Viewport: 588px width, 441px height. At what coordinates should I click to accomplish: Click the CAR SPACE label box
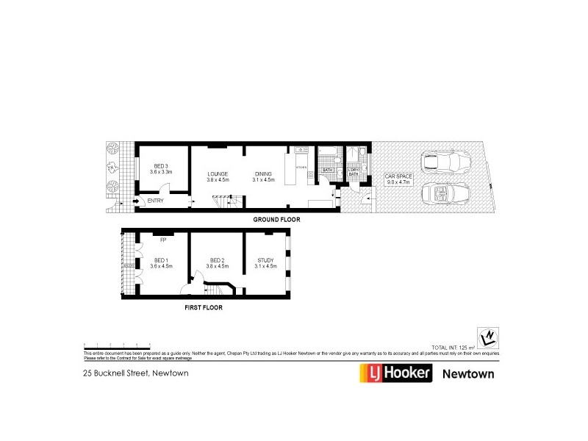pos(400,179)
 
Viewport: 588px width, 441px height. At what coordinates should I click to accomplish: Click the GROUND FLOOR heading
pos(276,220)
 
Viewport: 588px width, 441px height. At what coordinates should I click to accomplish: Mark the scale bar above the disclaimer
pos(118,344)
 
